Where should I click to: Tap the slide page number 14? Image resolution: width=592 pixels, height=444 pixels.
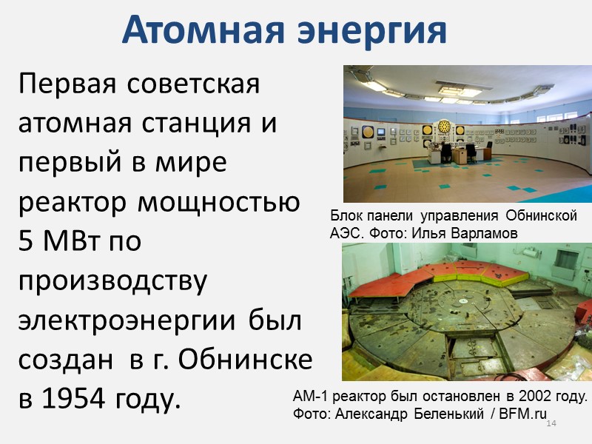tap(550, 423)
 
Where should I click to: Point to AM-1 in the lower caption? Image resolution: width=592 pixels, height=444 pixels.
tap(312, 397)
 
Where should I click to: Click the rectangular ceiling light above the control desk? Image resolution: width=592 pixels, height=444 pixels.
tap(450, 91)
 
